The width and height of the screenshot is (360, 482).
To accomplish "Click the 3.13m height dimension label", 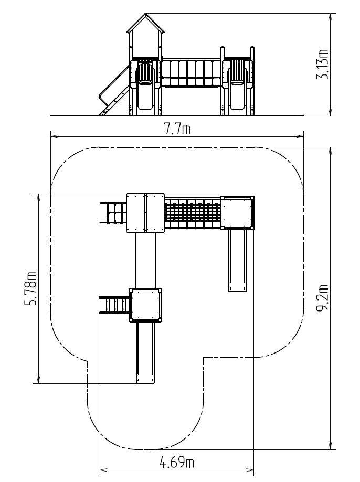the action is point(322,65).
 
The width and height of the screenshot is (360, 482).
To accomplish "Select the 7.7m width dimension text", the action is point(177,129).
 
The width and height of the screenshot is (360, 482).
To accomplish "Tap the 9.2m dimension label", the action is point(322,298).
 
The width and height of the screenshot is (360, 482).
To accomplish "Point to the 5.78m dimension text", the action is point(30,288).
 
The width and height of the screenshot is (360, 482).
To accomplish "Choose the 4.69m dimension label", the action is point(177,462).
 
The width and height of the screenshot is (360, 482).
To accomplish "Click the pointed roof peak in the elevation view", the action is point(145,14).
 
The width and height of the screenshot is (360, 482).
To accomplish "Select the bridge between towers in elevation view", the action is point(191,72).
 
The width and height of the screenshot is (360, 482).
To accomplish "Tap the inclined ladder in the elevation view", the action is point(114,92).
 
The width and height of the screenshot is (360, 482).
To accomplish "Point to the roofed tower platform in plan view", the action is point(145,213).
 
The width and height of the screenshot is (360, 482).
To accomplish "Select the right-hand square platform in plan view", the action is point(238,213).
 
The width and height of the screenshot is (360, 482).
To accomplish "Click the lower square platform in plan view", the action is point(145,305).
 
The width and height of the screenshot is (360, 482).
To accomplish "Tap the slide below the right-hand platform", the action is point(238,261).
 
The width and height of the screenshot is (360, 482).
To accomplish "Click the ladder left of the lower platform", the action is point(114,305).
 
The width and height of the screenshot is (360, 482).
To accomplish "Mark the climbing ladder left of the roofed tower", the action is point(113,213).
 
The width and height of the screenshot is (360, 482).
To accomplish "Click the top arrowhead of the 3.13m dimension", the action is point(330,17).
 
